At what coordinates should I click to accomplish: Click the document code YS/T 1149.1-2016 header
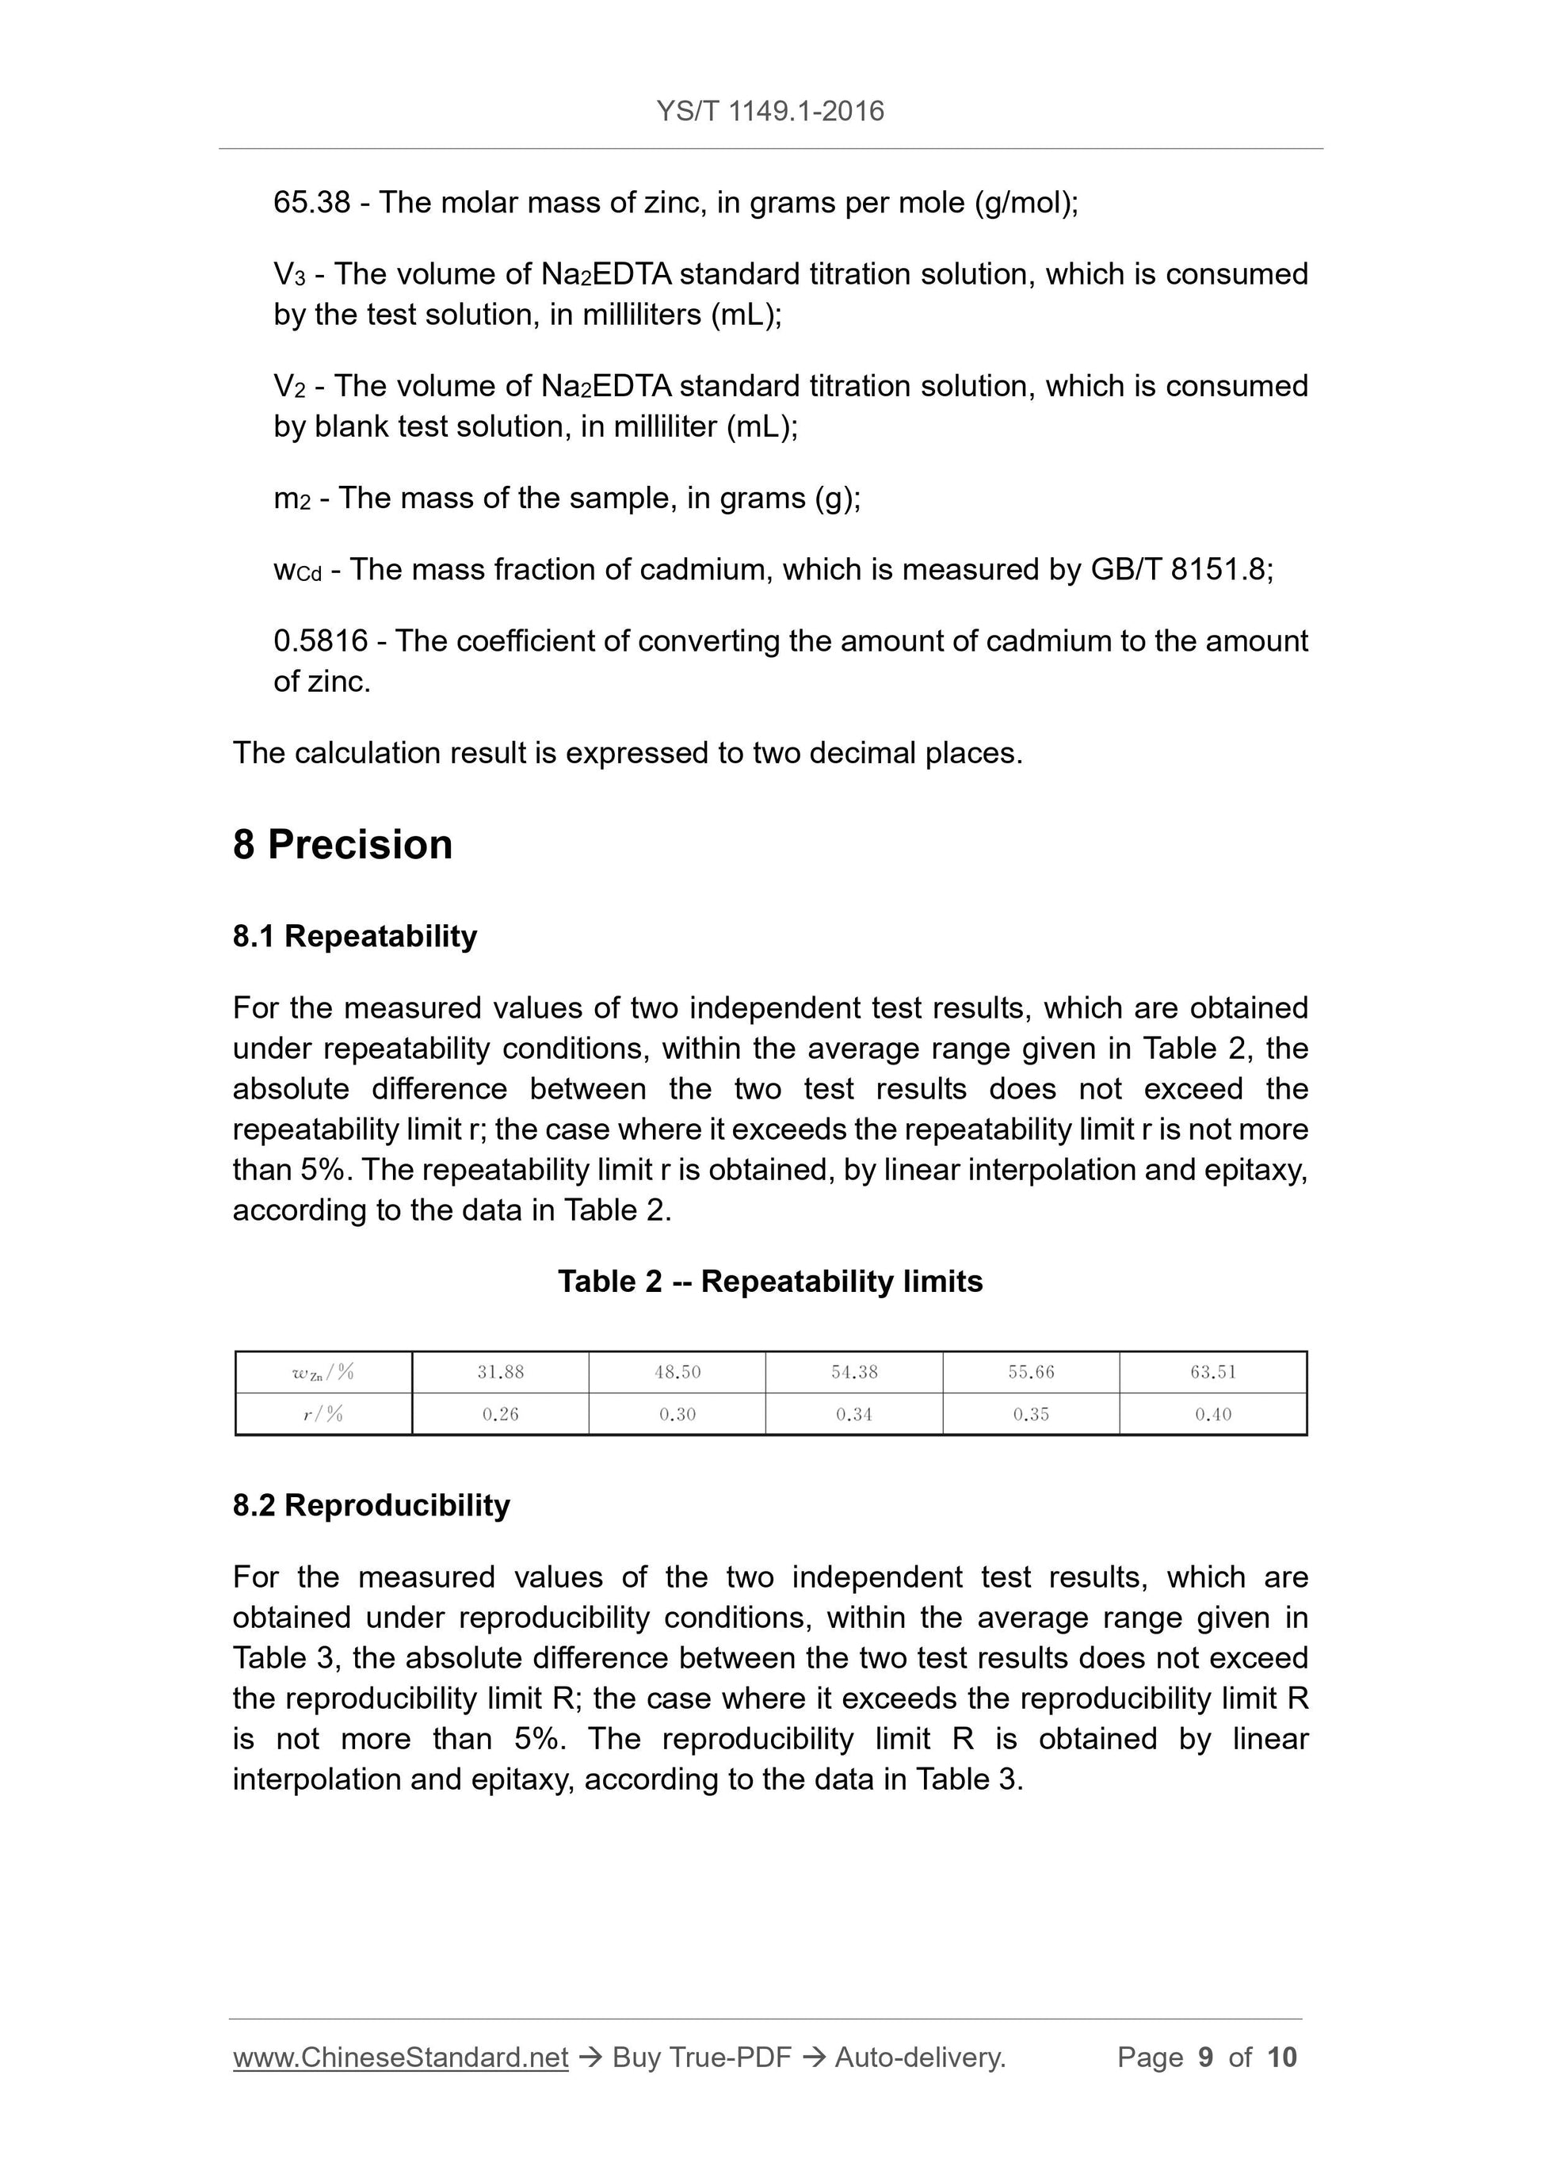[769, 111]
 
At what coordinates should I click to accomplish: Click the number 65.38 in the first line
[311, 202]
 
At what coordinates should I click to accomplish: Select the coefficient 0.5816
[320, 640]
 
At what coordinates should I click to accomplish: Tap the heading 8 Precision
[342, 844]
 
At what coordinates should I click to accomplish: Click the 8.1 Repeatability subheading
[354, 936]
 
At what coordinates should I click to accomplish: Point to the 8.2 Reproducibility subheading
[371, 1505]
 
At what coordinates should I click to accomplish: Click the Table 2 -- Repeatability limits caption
[769, 1281]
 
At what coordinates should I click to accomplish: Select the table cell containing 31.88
[500, 1371]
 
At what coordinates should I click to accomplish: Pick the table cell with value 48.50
[677, 1371]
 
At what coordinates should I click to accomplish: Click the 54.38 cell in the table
[853, 1371]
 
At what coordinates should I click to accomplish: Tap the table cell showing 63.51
[1212, 1371]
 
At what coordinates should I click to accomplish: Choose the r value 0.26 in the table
[500, 1414]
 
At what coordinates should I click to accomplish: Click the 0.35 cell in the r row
[1030, 1414]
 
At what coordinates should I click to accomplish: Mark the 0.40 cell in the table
[1212, 1414]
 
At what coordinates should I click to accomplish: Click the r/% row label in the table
[323, 1414]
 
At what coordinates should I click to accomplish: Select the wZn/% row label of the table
[323, 1371]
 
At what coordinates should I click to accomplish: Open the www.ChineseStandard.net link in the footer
[400, 2058]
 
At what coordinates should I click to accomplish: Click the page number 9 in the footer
[1206, 2058]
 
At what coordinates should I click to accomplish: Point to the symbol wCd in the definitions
[297, 570]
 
